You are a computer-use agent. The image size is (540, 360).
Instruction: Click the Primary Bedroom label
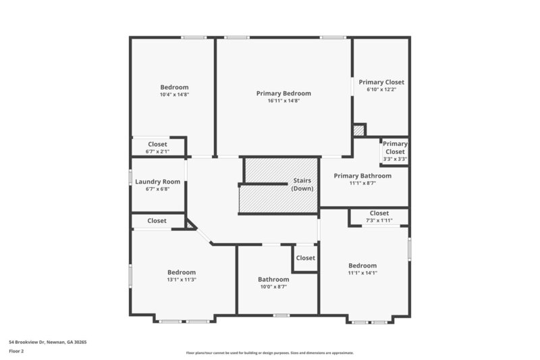(x=283, y=93)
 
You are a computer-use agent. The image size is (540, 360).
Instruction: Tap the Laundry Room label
(x=157, y=182)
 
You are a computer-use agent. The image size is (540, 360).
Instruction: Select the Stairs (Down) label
(x=301, y=184)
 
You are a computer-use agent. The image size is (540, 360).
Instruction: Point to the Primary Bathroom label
(x=362, y=176)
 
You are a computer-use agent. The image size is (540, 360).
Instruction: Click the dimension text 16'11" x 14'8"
(x=283, y=101)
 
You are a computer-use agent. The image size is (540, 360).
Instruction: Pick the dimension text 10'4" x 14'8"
(x=174, y=95)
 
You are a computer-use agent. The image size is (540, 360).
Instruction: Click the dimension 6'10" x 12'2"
(x=381, y=89)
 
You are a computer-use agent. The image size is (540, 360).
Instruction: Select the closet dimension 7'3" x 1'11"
(x=379, y=220)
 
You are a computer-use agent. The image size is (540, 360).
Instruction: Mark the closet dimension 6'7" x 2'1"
(x=157, y=151)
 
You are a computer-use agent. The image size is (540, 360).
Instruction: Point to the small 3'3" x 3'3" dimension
(x=395, y=159)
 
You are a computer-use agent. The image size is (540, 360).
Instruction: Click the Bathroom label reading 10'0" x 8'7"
(x=273, y=280)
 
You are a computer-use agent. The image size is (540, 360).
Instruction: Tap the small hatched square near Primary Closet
(x=359, y=130)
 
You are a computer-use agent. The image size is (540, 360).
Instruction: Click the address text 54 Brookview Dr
(x=47, y=342)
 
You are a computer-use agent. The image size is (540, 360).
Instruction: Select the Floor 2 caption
(x=16, y=351)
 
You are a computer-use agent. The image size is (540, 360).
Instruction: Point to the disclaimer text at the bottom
(x=270, y=353)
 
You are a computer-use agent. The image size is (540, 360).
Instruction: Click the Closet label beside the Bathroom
(x=305, y=258)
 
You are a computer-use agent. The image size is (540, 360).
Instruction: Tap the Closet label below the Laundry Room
(x=157, y=221)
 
